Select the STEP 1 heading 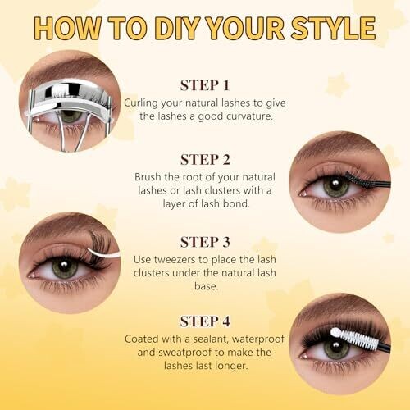click(x=204, y=85)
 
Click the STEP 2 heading click(x=205, y=160)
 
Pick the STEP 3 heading click(x=205, y=242)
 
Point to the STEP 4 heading click(x=205, y=321)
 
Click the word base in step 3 click(x=207, y=286)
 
